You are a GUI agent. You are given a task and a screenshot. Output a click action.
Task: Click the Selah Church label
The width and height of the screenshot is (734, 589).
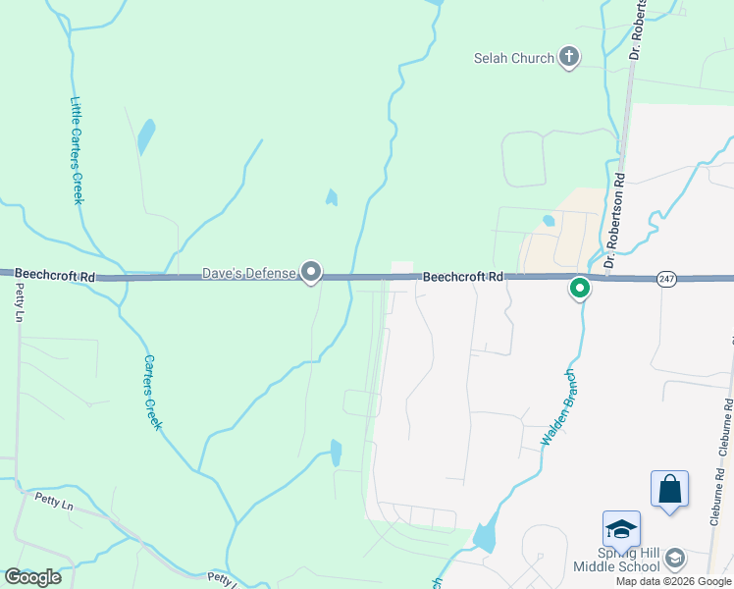513,58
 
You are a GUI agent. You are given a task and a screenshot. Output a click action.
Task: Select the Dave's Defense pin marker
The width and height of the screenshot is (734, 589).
311,271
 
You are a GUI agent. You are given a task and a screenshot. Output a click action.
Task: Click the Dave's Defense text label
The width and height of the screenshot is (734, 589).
249,272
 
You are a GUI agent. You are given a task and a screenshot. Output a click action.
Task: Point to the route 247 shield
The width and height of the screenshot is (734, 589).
667,279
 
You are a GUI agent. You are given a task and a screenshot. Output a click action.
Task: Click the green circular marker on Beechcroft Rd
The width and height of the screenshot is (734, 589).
580,289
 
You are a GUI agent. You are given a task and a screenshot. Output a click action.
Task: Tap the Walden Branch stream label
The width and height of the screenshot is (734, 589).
556,407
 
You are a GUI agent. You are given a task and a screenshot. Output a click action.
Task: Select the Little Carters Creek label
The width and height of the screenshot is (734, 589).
77,149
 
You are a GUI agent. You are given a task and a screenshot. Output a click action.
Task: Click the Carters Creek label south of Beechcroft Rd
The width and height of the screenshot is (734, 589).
152,392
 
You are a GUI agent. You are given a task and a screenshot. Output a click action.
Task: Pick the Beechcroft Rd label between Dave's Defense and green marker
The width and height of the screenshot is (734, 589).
463,278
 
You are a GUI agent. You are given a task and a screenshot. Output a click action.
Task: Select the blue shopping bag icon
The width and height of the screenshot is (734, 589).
669,488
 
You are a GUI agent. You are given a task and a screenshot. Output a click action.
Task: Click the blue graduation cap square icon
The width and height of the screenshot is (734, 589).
621,529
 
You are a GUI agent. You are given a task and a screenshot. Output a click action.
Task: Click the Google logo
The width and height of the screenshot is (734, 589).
32,577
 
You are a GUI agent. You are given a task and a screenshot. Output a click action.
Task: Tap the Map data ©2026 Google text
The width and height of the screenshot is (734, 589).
673,581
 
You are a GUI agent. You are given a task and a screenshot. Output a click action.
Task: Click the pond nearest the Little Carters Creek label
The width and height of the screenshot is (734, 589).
146,136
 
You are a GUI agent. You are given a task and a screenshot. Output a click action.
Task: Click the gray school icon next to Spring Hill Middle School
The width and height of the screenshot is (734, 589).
674,560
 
